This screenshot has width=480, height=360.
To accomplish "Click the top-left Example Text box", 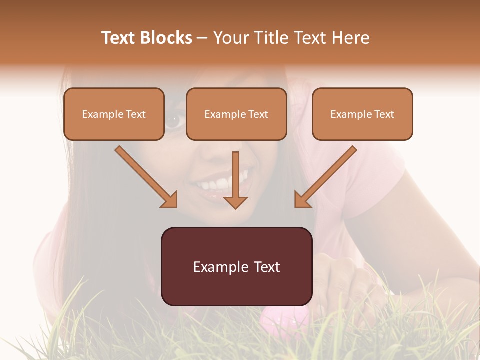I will coord(114,114).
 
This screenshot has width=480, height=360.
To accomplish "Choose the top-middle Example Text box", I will coord(236,114).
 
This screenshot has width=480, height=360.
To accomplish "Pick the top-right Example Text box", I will coord(362,114).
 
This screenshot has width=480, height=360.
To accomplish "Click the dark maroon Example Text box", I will coord(236,267).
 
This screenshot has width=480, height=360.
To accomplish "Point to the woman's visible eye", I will coord(174,119).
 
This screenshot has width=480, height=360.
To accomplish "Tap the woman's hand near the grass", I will coord(345,285).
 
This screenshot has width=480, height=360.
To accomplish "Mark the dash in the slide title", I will coord(202,38).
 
